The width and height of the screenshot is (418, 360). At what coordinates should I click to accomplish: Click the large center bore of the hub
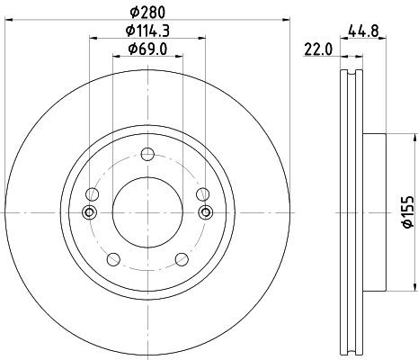click(147, 212)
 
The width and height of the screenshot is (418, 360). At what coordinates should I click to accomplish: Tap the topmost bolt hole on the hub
click(147, 154)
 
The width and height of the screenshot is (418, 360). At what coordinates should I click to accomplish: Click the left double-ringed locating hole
click(89, 212)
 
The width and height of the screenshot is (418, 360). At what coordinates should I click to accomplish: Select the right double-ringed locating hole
click(205, 212)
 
